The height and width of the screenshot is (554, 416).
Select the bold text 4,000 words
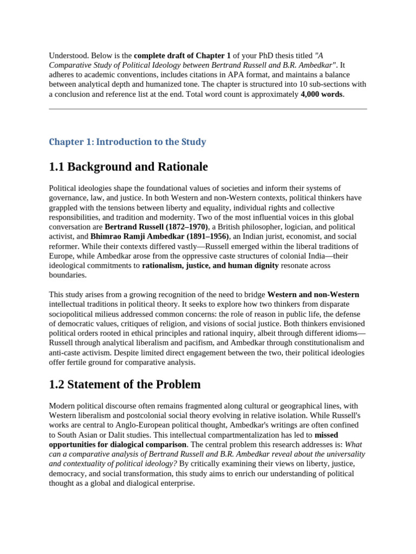tap(322, 94)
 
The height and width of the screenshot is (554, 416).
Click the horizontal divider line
tap(208, 109)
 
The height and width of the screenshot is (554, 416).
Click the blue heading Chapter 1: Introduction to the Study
tap(127, 142)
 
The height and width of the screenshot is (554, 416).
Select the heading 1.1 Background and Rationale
tap(128, 167)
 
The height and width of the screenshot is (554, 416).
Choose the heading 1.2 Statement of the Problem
tap(125, 385)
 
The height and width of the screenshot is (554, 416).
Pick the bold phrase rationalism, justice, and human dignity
tap(210, 266)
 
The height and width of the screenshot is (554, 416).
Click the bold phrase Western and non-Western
tap(313, 295)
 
